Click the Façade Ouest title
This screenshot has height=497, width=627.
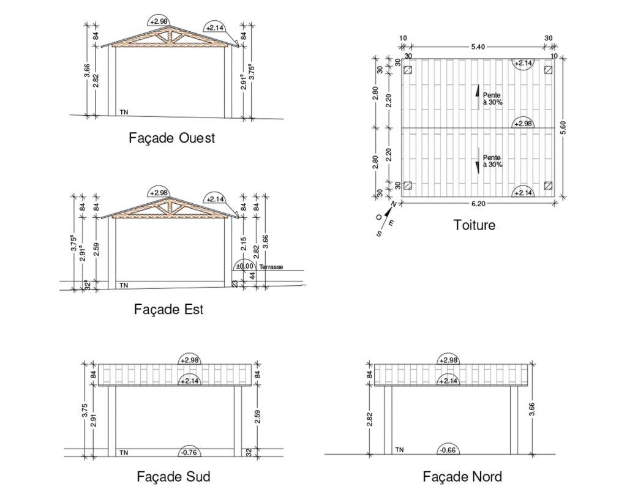click(171, 138)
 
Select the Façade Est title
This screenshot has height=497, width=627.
click(169, 309)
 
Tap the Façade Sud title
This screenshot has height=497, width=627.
click(173, 477)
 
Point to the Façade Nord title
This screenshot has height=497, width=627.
click(462, 477)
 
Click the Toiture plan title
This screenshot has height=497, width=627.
click(475, 225)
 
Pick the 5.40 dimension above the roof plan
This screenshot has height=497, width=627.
click(478, 47)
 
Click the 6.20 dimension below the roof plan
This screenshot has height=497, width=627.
click(478, 204)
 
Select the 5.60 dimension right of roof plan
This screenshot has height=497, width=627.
click(563, 127)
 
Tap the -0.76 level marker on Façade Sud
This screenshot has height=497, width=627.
click(190, 452)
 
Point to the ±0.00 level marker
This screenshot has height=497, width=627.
click(245, 266)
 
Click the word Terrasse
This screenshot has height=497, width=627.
click(271, 267)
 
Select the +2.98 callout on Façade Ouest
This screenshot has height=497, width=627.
click(159, 21)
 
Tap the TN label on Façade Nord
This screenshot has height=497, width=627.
click(399, 450)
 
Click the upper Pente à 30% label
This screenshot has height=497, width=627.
click(492, 99)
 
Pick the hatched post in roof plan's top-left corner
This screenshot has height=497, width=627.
click(407, 70)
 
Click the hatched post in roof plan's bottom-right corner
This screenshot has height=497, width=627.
click(548, 185)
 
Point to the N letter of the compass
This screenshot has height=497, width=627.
click(394, 204)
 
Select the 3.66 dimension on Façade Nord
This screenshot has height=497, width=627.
click(532, 409)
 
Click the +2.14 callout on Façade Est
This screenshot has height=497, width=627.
click(215, 199)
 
